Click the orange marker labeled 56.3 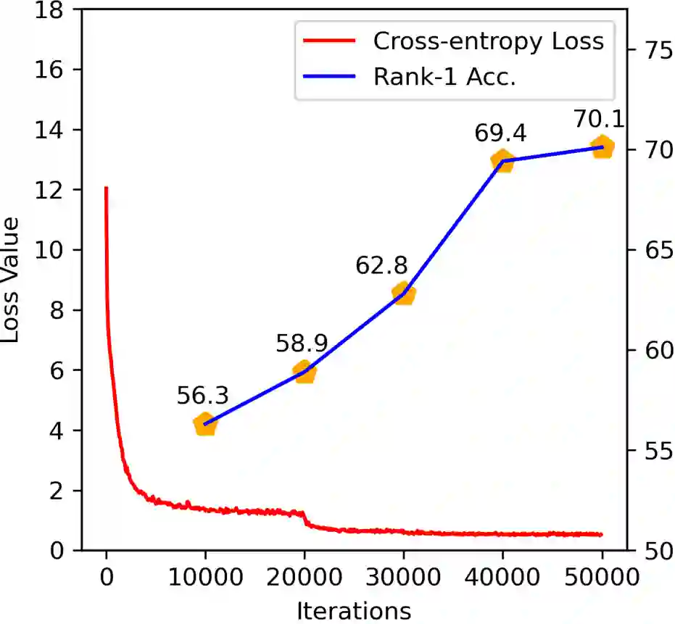coord(205,425)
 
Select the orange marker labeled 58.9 coord(305,372)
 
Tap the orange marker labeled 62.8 coord(404,294)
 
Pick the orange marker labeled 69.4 coord(502,161)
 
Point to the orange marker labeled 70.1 coord(602,147)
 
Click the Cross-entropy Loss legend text coord(488,41)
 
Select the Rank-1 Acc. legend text coord(444,78)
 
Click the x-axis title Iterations coord(354,611)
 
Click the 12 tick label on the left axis coord(54,191)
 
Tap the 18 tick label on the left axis coord(54,10)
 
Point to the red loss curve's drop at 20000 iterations coord(305,517)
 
